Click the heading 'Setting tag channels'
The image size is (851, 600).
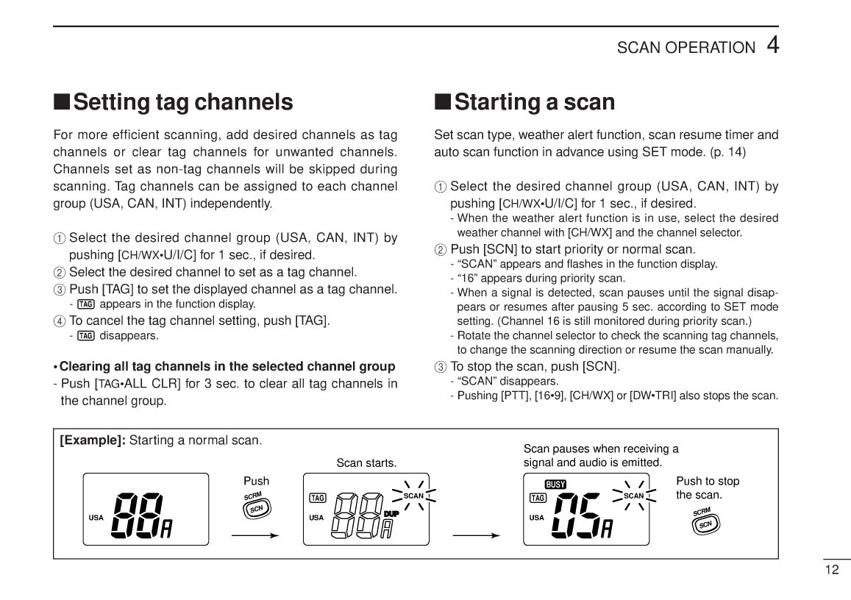tap(174, 101)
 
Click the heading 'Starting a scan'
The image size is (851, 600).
tap(525, 101)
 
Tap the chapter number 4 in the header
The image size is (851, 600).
tap(772, 45)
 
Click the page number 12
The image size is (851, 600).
tap(832, 570)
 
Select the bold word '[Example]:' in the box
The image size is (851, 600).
tap(93, 440)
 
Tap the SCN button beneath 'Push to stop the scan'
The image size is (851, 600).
tap(705, 522)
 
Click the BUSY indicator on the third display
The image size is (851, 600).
tap(555, 484)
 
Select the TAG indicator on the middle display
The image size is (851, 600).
tap(318, 498)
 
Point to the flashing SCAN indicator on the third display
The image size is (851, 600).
tap(633, 496)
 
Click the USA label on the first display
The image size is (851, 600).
tap(96, 518)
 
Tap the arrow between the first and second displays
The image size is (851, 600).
tap(254, 535)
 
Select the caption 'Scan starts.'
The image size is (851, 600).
tap(366, 463)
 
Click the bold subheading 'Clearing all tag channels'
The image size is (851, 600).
tap(227, 366)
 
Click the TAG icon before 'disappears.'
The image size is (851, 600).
tap(86, 336)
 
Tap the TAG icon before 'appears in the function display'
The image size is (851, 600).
tap(86, 304)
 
